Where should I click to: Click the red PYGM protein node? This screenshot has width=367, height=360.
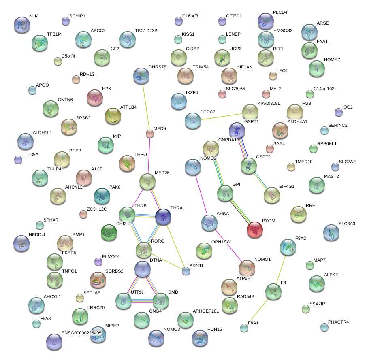(x=255, y=230)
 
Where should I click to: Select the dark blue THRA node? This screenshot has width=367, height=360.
(x=163, y=217)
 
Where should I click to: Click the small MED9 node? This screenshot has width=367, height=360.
(x=150, y=134)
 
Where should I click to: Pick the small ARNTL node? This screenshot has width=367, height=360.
(x=186, y=271)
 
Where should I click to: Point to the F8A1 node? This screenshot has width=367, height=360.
(x=244, y=328)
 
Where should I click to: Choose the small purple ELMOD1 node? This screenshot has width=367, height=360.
(x=98, y=262)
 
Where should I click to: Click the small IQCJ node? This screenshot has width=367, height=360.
(x=338, y=112)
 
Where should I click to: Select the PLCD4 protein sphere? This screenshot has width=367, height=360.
(x=265, y=21)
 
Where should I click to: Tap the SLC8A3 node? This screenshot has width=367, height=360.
(x=331, y=232)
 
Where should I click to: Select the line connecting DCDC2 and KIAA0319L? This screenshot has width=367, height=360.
(x=221, y=115)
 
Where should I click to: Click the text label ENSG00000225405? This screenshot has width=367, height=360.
(x=81, y=333)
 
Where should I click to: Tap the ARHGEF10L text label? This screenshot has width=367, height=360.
(x=206, y=311)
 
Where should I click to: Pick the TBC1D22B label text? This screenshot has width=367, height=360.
(x=146, y=31)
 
